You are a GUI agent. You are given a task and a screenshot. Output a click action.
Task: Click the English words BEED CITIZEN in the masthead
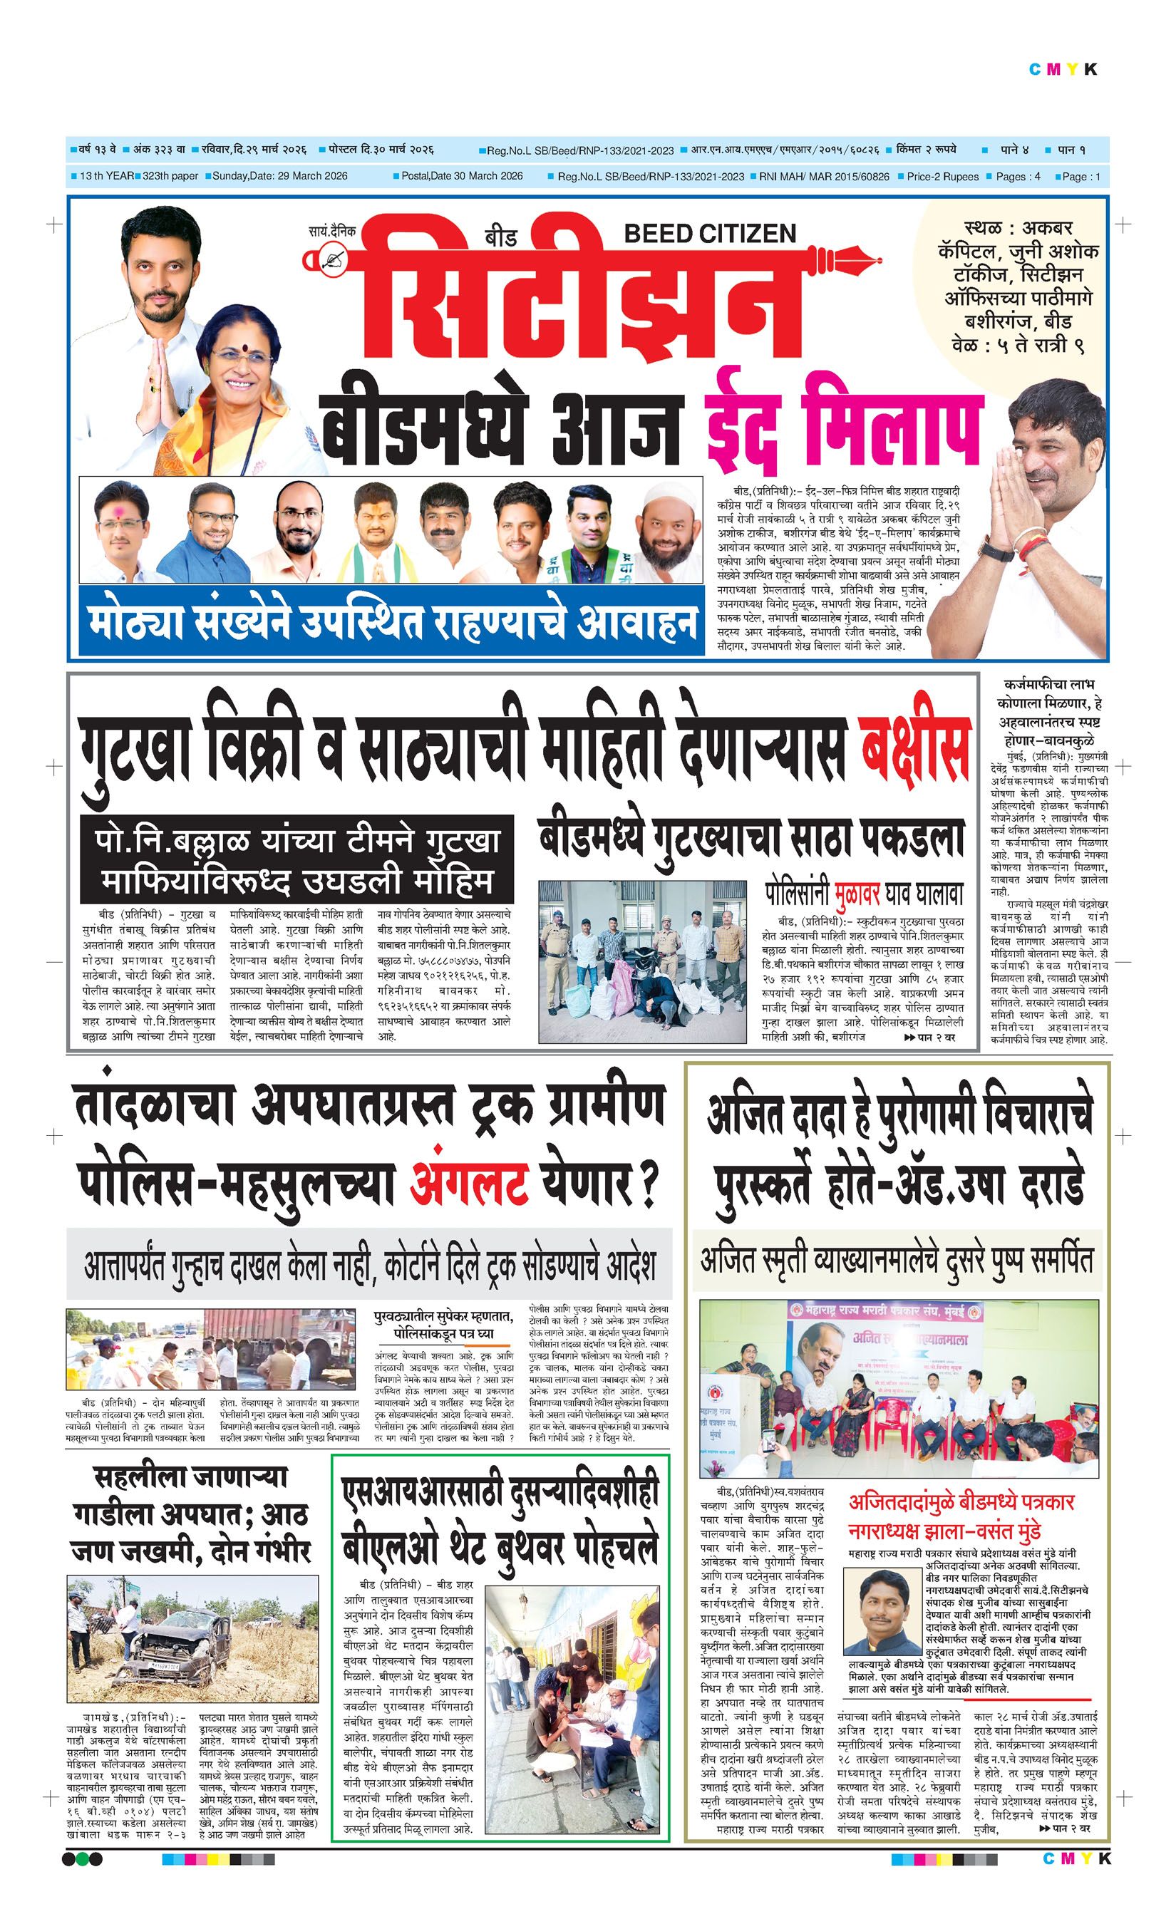point(710,234)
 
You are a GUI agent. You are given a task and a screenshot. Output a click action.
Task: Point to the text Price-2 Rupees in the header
point(942,177)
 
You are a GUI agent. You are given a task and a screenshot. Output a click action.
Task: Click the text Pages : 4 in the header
point(1018,177)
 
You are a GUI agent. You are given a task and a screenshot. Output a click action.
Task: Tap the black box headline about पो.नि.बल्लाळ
point(297,859)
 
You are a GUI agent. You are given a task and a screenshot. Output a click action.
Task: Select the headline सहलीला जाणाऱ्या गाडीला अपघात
point(192,1515)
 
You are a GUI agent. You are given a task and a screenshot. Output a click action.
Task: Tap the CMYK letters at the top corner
point(1063,70)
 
